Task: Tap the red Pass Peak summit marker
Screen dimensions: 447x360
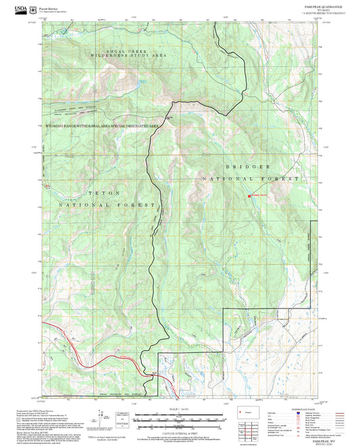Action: pyautogui.click(x=249, y=196)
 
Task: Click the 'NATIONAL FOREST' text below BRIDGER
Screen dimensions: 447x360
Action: pyautogui.click(x=251, y=178)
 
